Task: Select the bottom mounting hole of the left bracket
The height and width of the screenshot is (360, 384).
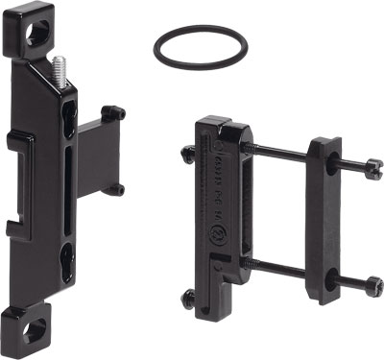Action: click(x=36, y=330)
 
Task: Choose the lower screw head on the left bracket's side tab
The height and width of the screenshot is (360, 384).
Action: click(x=118, y=190)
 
